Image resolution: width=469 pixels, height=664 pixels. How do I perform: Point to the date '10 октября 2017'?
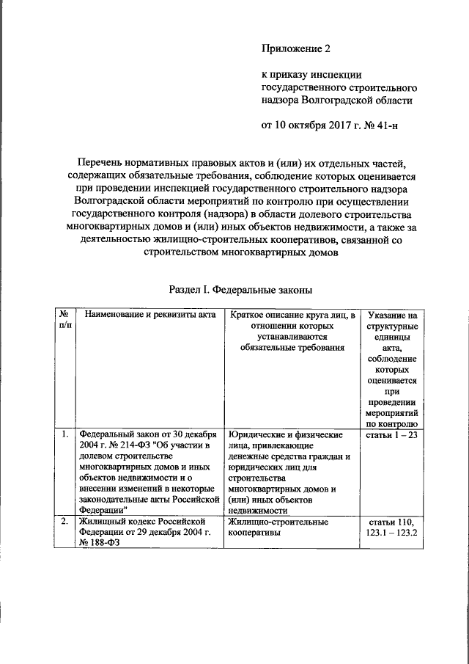pos(310,125)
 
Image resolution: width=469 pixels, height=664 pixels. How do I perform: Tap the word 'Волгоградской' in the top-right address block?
pos(328,100)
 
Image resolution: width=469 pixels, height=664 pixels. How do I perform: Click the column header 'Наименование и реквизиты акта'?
pos(149,315)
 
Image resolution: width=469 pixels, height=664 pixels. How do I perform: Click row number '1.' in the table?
pos(64,434)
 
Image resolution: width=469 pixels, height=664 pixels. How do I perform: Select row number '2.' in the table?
pos(64,522)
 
